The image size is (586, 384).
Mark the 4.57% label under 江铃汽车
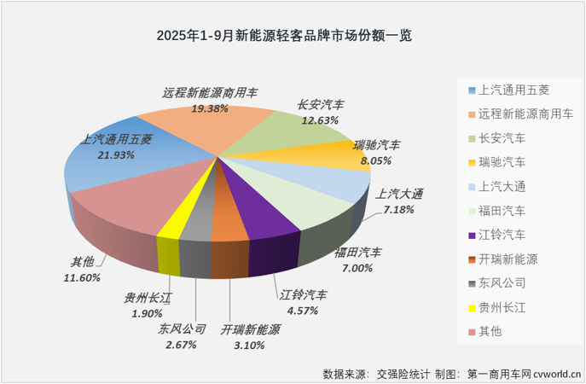[x=303, y=310]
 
